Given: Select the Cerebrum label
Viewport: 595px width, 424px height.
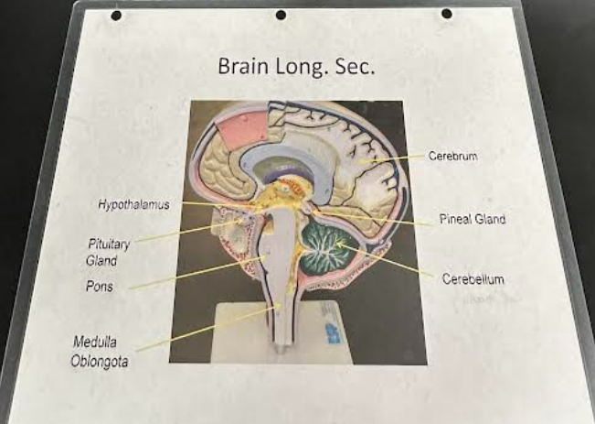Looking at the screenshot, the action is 452,157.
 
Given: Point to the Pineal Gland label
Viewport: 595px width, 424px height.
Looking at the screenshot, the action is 472,220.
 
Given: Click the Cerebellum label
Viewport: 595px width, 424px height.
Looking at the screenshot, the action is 473,278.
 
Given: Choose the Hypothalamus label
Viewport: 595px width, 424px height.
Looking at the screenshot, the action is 133,205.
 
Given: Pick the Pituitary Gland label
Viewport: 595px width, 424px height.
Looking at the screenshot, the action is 109,252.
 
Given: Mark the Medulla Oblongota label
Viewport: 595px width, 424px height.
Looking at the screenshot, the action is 101,351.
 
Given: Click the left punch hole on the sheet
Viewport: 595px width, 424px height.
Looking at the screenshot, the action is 116,16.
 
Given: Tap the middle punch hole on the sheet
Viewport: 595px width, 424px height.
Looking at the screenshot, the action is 281,15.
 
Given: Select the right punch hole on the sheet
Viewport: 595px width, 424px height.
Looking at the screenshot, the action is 446,14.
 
